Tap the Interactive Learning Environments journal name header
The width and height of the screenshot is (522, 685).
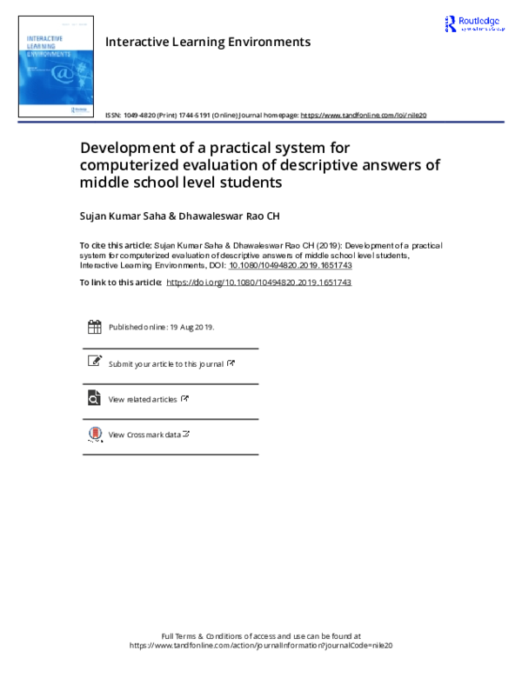(x=207, y=42)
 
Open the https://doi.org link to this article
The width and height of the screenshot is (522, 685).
(x=258, y=283)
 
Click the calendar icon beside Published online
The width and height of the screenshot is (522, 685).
(x=94, y=327)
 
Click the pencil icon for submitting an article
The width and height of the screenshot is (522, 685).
(x=94, y=362)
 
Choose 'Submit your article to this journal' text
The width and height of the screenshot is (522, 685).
(x=165, y=364)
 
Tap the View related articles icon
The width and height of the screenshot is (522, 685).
(x=94, y=398)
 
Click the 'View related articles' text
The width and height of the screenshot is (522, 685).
(x=143, y=400)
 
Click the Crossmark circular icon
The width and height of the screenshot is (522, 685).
(x=94, y=434)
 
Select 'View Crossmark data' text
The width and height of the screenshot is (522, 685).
(x=144, y=435)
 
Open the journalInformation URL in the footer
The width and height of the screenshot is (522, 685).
(x=261, y=646)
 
